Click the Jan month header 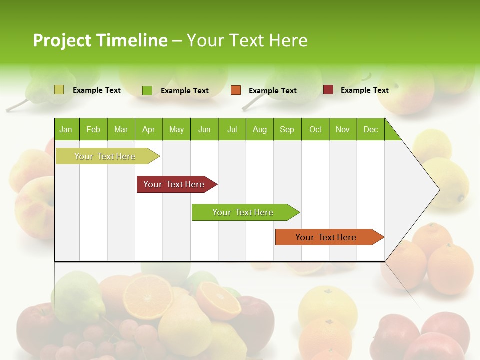(x=66, y=129)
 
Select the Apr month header (x=149, y=129)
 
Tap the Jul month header (x=232, y=129)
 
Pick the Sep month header (x=287, y=129)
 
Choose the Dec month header (x=370, y=129)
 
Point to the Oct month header (x=315, y=129)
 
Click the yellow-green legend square (x=59, y=90)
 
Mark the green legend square (x=147, y=90)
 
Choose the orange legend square (x=236, y=90)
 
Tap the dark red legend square (x=328, y=90)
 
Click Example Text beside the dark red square (x=364, y=90)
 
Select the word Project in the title (x=62, y=40)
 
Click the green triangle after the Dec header (x=391, y=132)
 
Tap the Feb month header (x=93, y=129)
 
